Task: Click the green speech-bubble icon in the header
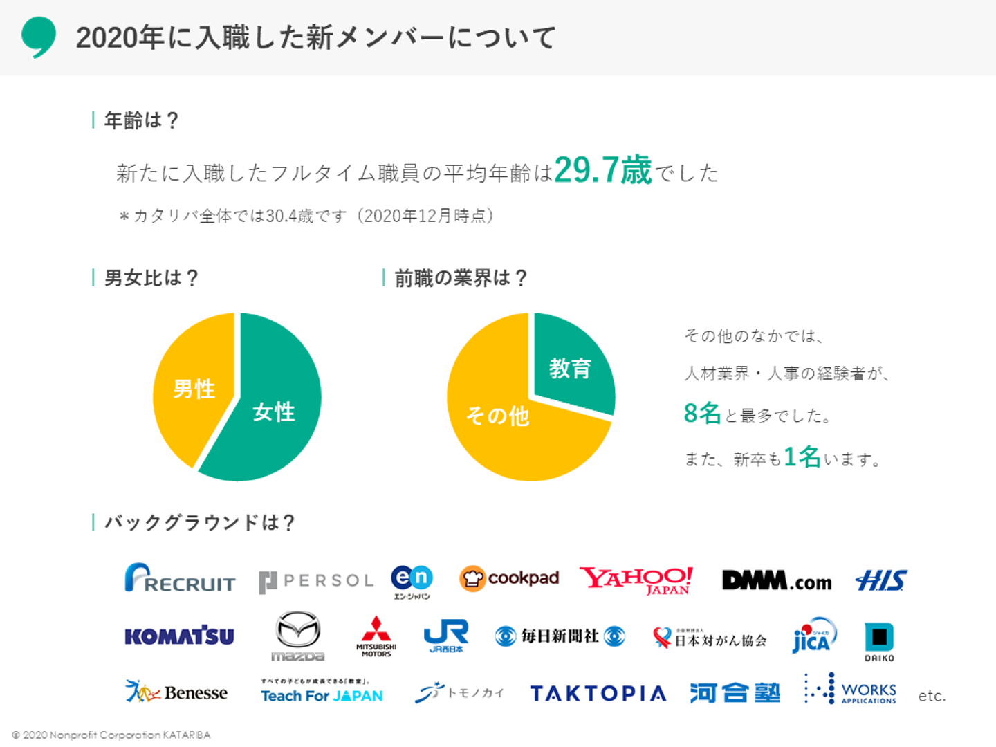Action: (x=38, y=36)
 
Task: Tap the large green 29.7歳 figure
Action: (x=602, y=170)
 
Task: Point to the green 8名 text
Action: (x=702, y=414)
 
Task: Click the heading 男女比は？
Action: (x=151, y=278)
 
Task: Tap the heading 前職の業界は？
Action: (x=461, y=278)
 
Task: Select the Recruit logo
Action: (x=180, y=578)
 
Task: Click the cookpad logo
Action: (x=509, y=578)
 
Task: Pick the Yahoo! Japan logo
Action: (x=636, y=580)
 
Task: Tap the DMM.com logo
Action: (x=776, y=580)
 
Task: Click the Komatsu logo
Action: (x=179, y=636)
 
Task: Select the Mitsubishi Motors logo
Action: (x=376, y=636)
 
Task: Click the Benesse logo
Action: (x=177, y=692)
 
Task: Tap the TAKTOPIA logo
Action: (x=598, y=693)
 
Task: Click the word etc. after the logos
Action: (x=932, y=696)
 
